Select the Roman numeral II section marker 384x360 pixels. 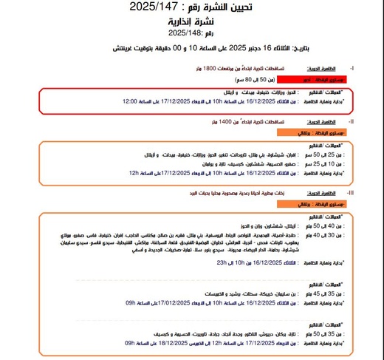tap(351, 120)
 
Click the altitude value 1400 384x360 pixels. tap(208, 120)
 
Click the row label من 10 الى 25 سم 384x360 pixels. tap(324, 163)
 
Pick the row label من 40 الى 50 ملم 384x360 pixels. tap(323, 225)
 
